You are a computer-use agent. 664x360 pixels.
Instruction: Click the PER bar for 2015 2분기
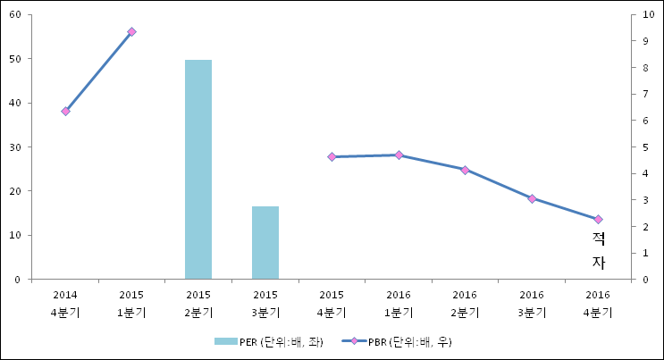point(198,170)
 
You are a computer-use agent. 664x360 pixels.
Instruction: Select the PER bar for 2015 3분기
point(265,242)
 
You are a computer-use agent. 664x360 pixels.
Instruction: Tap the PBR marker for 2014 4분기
point(65,111)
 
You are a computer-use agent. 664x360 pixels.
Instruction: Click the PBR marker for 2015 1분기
point(131,32)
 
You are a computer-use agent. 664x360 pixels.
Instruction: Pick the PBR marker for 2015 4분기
point(332,157)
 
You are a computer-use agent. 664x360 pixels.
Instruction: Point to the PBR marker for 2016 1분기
point(399,155)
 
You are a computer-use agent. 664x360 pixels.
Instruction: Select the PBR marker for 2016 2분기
point(465,170)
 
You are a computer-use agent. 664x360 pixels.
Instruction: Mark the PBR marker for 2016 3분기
point(532,198)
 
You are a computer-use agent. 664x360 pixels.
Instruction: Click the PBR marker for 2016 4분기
point(598,219)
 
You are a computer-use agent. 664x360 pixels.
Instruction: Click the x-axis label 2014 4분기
point(65,303)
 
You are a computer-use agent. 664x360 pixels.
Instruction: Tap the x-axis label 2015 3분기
point(265,303)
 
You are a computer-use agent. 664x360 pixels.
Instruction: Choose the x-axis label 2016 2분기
point(465,303)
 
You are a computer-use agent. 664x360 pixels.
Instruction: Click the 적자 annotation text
point(599,250)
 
